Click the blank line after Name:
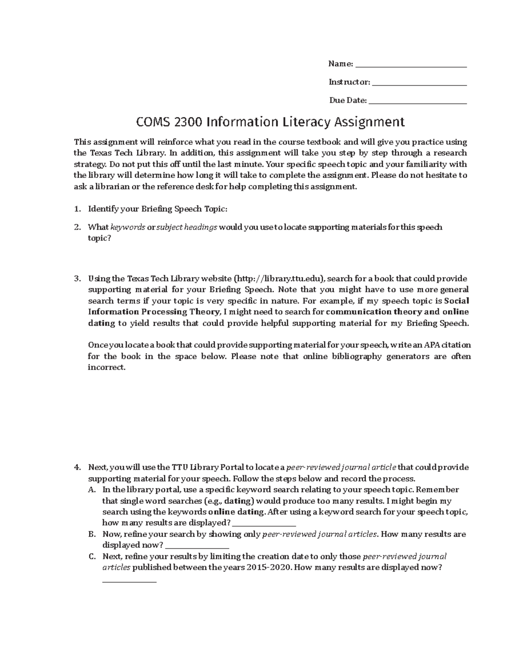[410, 65]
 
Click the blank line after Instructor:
[419, 83]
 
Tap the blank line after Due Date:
[418, 101]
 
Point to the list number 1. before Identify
[77, 209]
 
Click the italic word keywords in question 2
[128, 227]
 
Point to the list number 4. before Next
[77, 467]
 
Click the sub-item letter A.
[91, 490]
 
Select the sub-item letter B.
[91, 534]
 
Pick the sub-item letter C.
[91, 556]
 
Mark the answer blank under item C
[129, 581]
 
